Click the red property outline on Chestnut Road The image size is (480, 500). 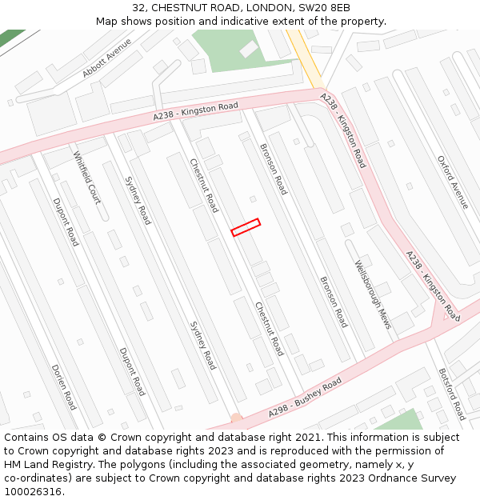pos(246,227)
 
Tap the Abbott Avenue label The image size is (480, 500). pos(106,58)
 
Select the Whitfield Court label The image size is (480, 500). pos(87,178)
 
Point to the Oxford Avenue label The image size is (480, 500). pos(453,182)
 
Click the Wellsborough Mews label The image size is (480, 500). pos(373,294)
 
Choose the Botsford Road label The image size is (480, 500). pos(451,394)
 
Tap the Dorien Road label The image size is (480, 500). pos(63,387)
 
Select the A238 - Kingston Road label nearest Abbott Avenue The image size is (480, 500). pos(196,112)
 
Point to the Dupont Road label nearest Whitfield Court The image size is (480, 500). pos(66,222)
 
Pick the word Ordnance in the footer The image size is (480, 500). pos(380,478)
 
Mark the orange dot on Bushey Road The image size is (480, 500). pos(236,418)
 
